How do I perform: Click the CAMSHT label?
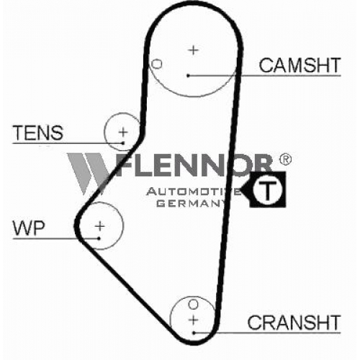(x=300, y=66)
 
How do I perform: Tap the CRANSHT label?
(x=294, y=323)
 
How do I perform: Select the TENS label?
(x=38, y=132)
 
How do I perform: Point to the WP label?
(x=29, y=228)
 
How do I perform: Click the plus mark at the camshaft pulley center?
(x=194, y=50)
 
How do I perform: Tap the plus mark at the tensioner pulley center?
(x=123, y=132)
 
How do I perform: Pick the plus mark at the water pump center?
(x=100, y=226)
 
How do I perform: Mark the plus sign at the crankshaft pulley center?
(x=193, y=320)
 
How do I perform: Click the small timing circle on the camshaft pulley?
(x=157, y=64)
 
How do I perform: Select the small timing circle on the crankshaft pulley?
(x=194, y=305)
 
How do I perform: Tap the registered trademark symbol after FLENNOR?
(x=285, y=159)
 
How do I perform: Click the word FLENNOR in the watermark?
(x=194, y=165)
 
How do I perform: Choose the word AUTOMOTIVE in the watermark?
(x=194, y=192)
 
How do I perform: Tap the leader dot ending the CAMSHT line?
(x=188, y=76)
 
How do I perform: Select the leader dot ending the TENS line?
(x=123, y=143)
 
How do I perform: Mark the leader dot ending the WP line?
(x=99, y=238)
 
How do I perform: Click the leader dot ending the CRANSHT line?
(x=194, y=333)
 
